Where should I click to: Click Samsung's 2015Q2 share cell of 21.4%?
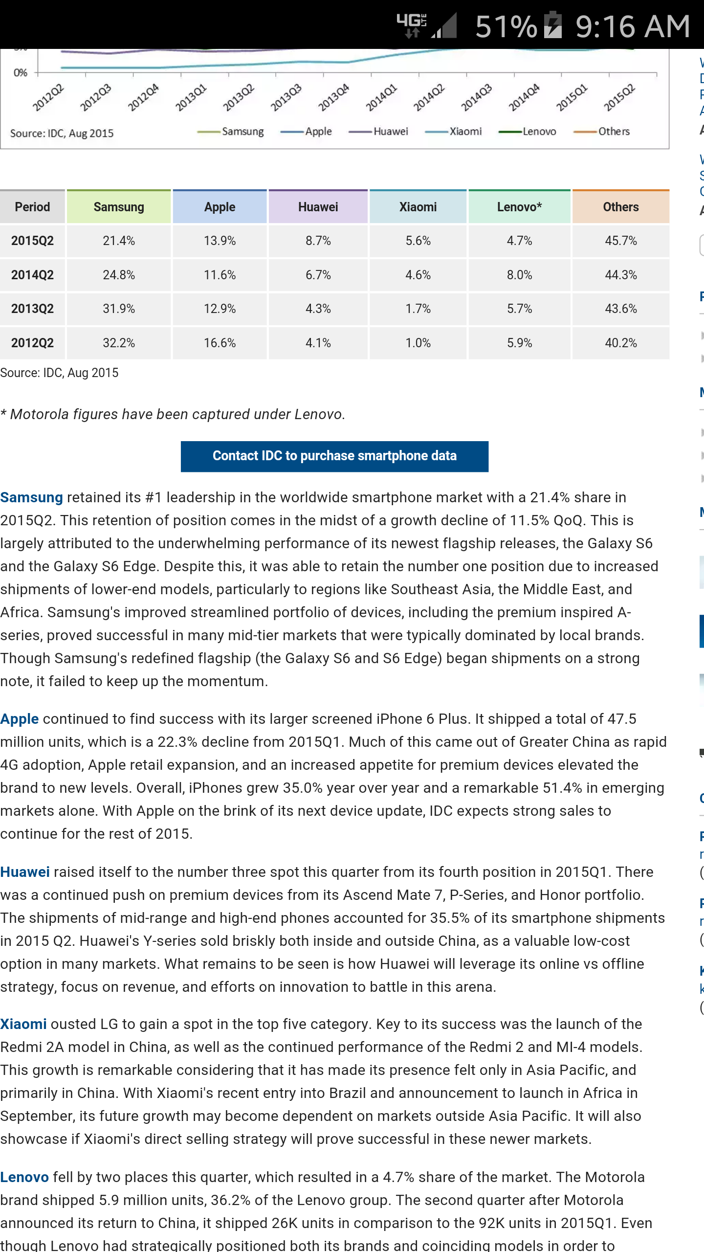[119, 241]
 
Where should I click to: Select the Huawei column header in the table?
[318, 207]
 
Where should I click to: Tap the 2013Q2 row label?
[32, 309]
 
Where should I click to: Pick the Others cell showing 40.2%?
[621, 343]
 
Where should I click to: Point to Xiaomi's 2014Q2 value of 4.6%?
[418, 275]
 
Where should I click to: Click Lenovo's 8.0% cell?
[519, 275]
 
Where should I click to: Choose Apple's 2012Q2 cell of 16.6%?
[220, 343]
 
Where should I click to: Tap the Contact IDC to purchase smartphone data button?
[334, 456]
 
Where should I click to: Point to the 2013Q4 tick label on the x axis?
[334, 97]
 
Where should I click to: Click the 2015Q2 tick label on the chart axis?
[619, 97]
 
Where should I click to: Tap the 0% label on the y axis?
[21, 73]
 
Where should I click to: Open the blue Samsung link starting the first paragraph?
[31, 497]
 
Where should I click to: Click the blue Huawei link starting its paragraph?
[25, 872]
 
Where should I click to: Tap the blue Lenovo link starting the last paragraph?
[24, 1177]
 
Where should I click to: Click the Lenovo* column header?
[519, 207]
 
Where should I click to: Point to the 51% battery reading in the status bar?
[506, 26]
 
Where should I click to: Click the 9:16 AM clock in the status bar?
[633, 26]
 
